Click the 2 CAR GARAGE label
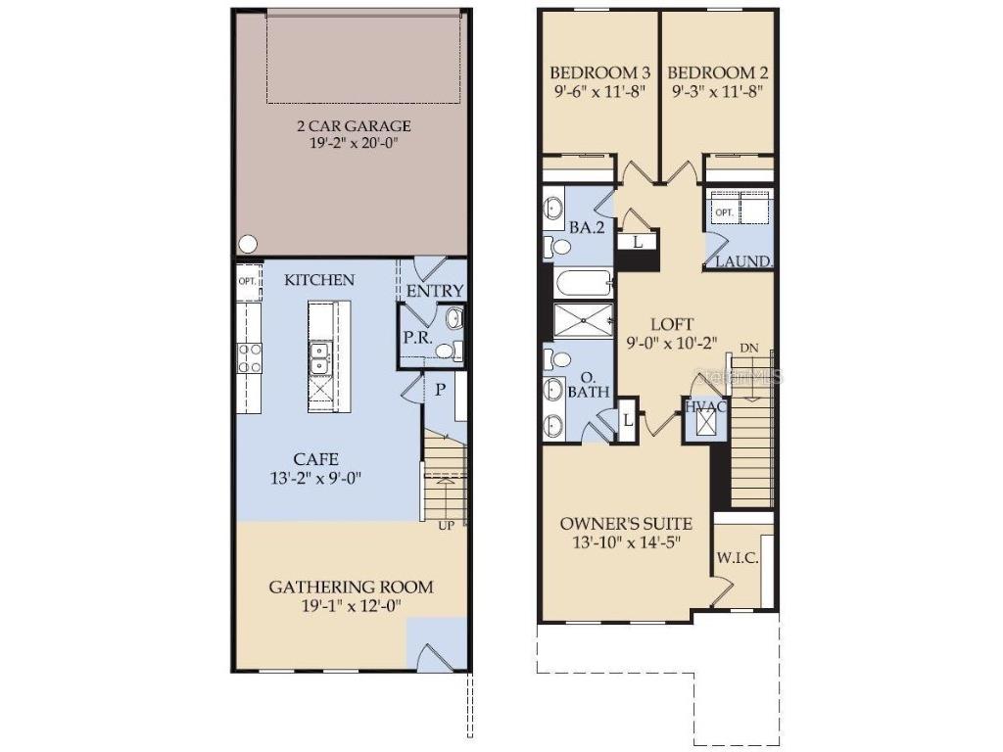tap(354, 125)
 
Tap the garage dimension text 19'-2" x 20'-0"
tap(354, 143)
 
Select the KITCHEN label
tap(319, 280)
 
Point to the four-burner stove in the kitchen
tap(249, 357)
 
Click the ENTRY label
tap(435, 291)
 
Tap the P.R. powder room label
tap(413, 336)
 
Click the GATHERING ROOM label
tap(351, 587)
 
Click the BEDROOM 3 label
tap(599, 72)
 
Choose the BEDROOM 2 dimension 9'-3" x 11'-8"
tap(717, 91)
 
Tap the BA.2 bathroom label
tap(585, 226)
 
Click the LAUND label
tap(742, 261)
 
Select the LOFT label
tap(672, 324)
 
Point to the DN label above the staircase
tap(748, 348)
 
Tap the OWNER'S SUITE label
tap(626, 523)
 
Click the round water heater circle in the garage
tap(246, 243)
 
